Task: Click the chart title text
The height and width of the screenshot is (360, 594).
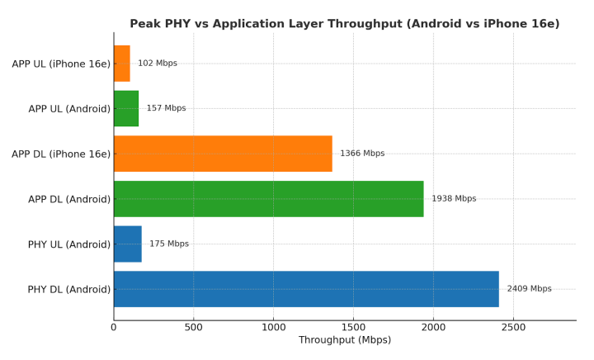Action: [344, 24]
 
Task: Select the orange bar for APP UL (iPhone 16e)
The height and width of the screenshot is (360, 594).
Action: [122, 63]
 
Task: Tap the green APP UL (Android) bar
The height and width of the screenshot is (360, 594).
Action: [126, 108]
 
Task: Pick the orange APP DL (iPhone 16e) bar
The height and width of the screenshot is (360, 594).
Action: [223, 154]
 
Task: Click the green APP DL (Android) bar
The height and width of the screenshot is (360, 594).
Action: [269, 199]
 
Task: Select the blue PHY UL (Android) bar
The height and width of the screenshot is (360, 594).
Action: [128, 244]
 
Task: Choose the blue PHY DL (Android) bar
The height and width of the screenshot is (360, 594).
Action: [306, 289]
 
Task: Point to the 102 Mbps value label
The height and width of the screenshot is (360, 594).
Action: [158, 63]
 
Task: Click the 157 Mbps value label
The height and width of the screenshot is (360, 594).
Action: [166, 108]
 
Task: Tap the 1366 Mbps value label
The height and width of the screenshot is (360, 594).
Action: [362, 154]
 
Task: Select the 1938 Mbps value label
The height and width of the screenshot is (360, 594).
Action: [454, 199]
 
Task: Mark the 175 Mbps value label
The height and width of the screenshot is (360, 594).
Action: [169, 244]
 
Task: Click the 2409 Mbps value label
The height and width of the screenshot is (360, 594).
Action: [529, 289]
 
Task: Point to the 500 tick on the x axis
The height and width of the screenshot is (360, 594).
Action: [194, 328]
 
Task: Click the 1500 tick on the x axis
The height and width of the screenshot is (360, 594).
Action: [353, 328]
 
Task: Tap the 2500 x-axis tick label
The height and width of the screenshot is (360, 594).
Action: [513, 328]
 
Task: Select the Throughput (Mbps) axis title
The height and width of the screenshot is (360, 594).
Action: [345, 340]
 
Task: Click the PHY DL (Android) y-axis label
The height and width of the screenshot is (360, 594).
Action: [68, 289]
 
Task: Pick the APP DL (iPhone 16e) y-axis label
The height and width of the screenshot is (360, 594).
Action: [61, 154]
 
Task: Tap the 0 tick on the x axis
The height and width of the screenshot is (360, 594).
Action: [114, 328]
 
